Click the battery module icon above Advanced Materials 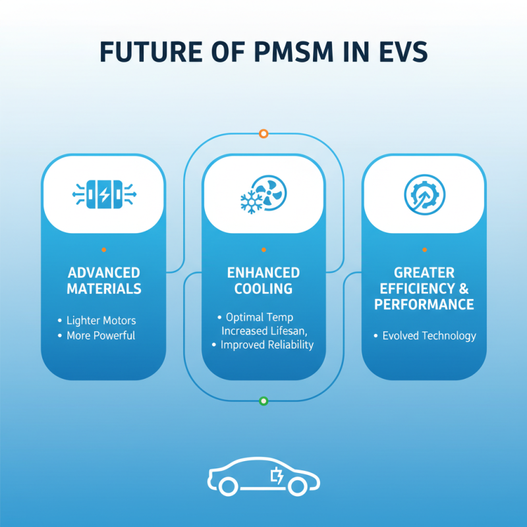tap(103, 195)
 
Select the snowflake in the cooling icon tap(250, 204)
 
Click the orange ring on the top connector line tap(263, 134)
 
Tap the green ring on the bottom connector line tap(263, 401)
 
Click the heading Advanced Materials tap(103, 281)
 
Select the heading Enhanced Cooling tap(263, 281)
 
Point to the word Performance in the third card tap(424, 304)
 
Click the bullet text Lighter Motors tap(101, 321)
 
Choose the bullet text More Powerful tap(101, 335)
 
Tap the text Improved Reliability tap(267, 345)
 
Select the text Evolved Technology tap(429, 336)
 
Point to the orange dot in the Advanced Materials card tap(103, 250)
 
